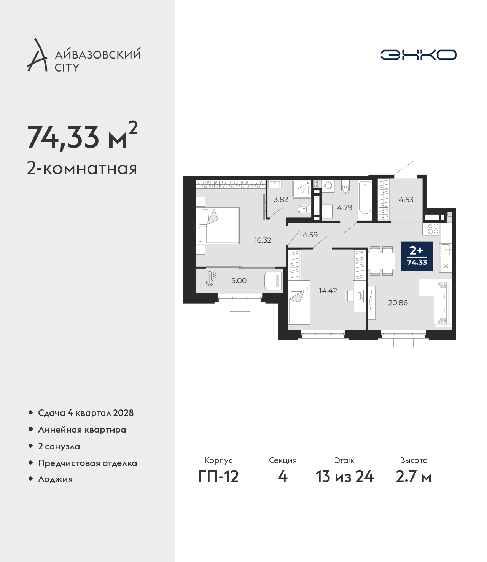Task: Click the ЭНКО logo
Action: point(418,55)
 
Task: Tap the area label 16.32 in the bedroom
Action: point(263,240)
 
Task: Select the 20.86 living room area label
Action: point(398,302)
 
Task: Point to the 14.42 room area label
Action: point(328,291)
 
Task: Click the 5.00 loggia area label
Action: point(239,280)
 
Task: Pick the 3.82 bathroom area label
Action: point(281,199)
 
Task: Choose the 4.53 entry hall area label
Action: point(406,200)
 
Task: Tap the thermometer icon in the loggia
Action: point(210,279)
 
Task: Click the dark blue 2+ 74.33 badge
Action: point(417,256)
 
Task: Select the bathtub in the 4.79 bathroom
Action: point(364,200)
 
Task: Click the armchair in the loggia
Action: point(273,280)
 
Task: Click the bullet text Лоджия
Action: point(56,479)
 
